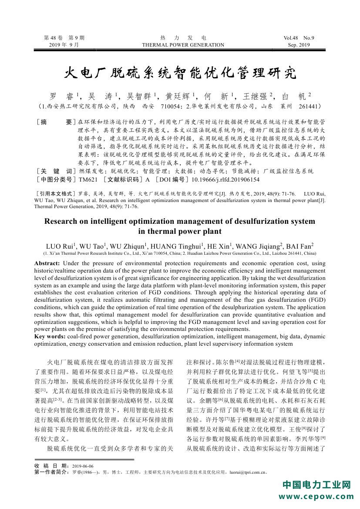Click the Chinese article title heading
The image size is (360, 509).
tap(180, 72)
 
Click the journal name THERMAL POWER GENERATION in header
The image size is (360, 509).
tap(183, 45)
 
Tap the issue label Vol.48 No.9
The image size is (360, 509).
tap(298, 38)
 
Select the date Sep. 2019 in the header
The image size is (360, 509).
tap(299, 45)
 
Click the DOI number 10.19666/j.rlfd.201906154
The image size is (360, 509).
tap(225, 179)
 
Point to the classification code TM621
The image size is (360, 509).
tap(88, 179)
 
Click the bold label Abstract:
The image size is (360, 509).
tap(47, 263)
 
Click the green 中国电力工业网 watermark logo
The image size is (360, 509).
tap(316, 485)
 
